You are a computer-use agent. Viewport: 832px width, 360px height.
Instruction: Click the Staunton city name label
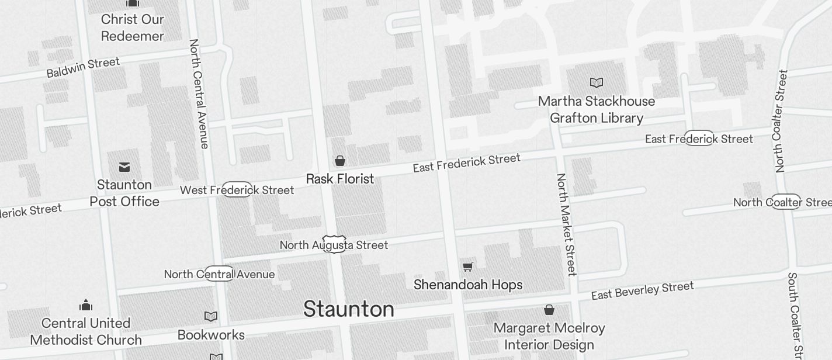click(x=348, y=309)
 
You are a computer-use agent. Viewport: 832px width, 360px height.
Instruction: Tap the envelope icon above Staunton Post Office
click(x=124, y=168)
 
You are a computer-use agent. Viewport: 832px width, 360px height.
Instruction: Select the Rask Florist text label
click(x=340, y=179)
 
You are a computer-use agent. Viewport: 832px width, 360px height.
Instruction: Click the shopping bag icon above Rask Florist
click(x=339, y=161)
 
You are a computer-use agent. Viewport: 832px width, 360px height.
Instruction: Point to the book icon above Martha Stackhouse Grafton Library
click(x=596, y=83)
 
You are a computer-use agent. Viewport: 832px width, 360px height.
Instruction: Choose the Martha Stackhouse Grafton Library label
click(x=597, y=110)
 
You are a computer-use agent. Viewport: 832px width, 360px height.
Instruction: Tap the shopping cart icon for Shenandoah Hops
click(x=467, y=267)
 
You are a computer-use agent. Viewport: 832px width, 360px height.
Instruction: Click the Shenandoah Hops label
click(x=468, y=285)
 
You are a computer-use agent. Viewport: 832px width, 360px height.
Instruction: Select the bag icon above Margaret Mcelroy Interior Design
click(x=549, y=310)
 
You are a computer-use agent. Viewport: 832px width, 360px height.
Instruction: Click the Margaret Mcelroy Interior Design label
click(x=549, y=336)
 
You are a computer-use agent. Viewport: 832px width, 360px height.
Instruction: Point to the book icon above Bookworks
click(x=211, y=317)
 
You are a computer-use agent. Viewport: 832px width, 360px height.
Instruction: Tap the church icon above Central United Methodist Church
click(x=86, y=305)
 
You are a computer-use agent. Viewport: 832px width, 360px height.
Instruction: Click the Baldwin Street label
click(x=83, y=67)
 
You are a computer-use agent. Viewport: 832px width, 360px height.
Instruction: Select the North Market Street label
click(x=566, y=224)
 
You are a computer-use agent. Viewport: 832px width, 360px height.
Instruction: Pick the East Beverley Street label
click(x=642, y=290)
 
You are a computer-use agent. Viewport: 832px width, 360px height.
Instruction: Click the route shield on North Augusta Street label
click(x=334, y=244)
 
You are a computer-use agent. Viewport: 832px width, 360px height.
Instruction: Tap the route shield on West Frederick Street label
click(x=237, y=189)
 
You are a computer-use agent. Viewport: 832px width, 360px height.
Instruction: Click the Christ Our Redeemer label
click(x=133, y=27)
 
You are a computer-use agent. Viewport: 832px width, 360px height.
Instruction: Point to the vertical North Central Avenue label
click(x=199, y=94)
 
